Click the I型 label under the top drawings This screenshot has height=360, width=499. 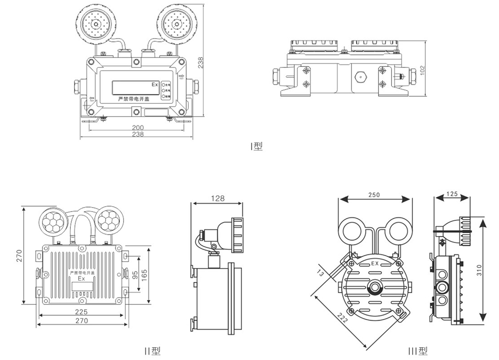[257, 146]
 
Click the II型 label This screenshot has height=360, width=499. [152, 351]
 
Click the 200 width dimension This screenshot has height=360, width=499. [138, 127]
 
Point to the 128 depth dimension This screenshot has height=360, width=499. [217, 198]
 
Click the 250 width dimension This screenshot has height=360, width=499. [374, 195]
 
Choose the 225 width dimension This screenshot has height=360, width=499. [81, 312]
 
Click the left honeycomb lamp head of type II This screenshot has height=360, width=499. [53, 221]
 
